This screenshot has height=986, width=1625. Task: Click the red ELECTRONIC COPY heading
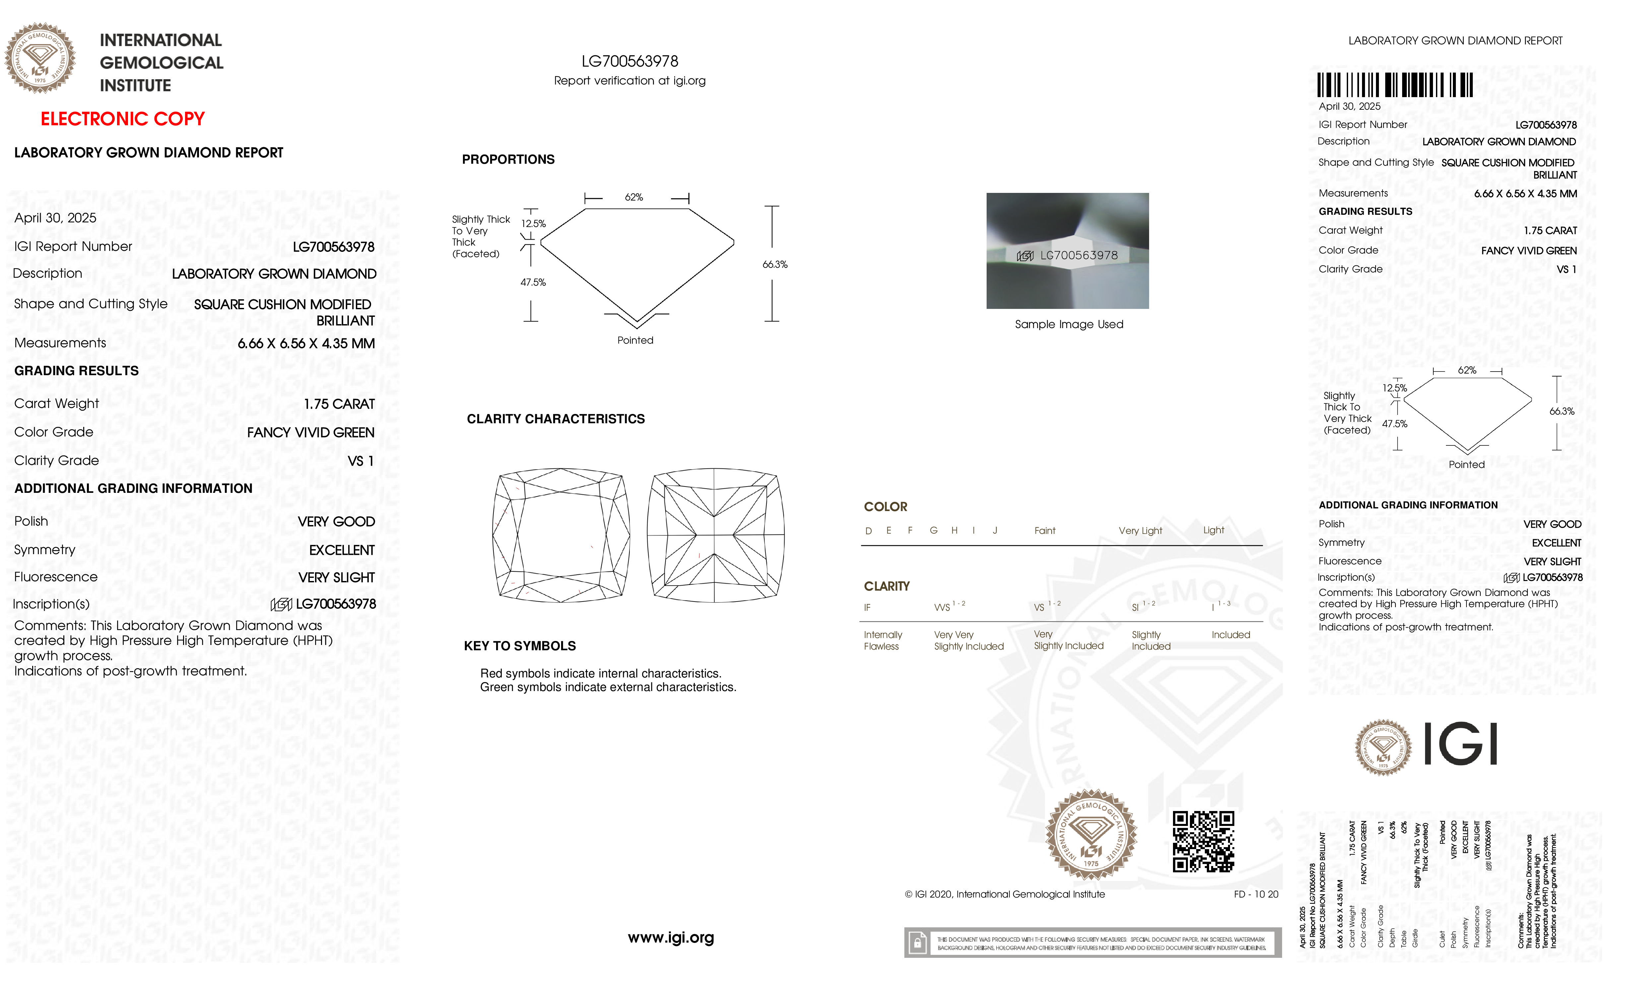tap(123, 119)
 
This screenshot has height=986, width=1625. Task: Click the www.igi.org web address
tap(671, 937)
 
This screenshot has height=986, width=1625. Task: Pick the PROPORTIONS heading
tap(508, 159)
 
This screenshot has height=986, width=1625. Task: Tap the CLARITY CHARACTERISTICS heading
tap(555, 419)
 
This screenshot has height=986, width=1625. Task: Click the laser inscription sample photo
tap(1067, 251)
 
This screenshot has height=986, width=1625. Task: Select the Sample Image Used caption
tap(1069, 324)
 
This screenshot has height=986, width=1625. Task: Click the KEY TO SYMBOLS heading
tap(520, 646)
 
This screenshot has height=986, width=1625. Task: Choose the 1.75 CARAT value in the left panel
tap(339, 404)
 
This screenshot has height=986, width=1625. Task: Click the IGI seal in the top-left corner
tap(40, 58)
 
